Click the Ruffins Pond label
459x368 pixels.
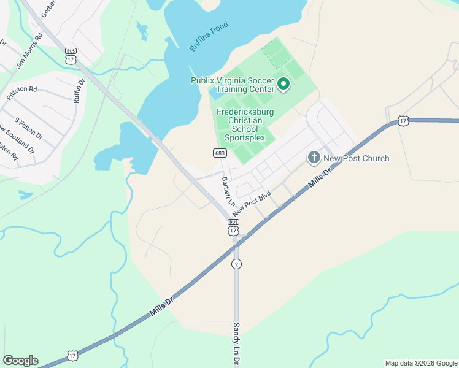pos(209,36)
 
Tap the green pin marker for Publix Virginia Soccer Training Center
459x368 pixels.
pos(283,84)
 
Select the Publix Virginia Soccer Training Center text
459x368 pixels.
pos(233,85)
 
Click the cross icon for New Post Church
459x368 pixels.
pos(314,158)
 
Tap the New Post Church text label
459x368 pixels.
pos(356,158)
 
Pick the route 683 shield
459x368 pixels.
pos(220,153)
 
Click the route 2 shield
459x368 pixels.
pos(236,264)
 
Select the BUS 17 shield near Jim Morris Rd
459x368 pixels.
pos(71,56)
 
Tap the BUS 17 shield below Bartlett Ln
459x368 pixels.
pos(233,226)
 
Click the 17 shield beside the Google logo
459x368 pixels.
pos(72,356)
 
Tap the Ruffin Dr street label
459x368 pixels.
pos(79,90)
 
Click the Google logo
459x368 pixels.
pos(20,361)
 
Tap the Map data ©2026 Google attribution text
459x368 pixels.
pos(421,363)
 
